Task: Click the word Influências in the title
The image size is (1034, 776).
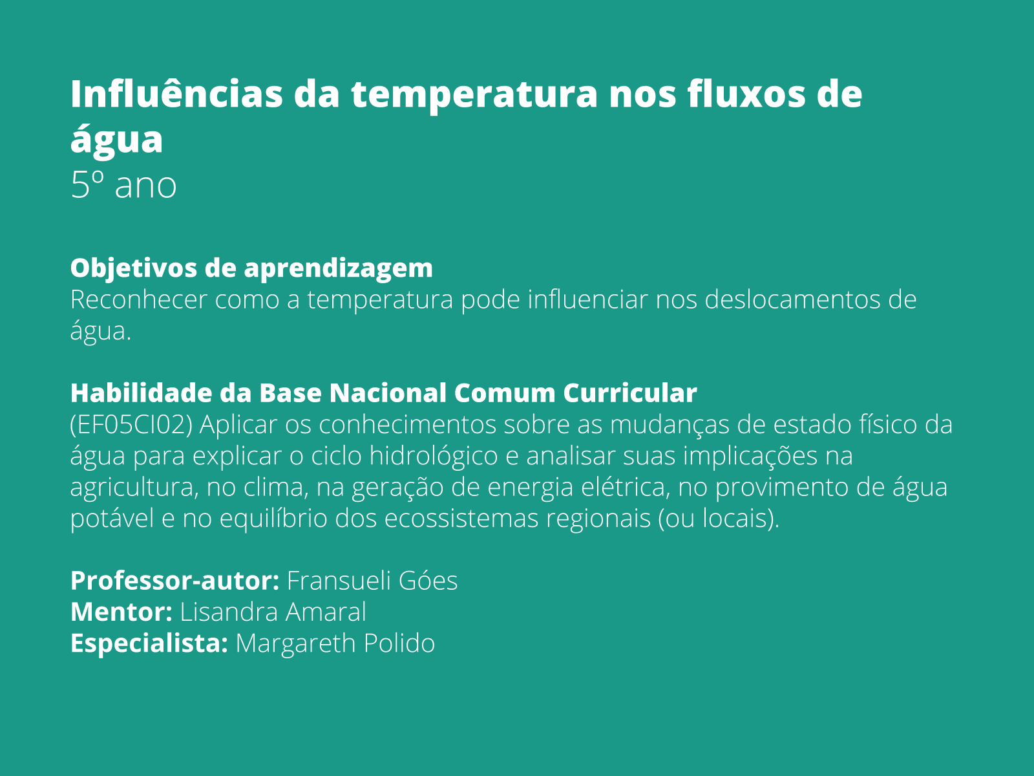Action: (x=176, y=94)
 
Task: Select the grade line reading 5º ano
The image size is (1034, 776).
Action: (x=123, y=186)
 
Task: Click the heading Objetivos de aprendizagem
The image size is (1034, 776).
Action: (x=251, y=268)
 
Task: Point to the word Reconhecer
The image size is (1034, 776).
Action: (x=138, y=300)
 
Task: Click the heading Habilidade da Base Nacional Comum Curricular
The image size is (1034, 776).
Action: (x=383, y=393)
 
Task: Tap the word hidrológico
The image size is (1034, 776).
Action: (x=434, y=457)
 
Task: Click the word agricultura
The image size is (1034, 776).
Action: (x=132, y=488)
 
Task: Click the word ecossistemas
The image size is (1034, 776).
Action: (x=461, y=519)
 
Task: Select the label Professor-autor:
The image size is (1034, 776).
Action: (x=174, y=581)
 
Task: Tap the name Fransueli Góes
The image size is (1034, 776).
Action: (x=372, y=581)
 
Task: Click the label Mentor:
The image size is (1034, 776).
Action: (x=121, y=612)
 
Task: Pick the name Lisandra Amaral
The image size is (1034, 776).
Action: (x=273, y=612)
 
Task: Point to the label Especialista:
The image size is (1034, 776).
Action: (x=149, y=643)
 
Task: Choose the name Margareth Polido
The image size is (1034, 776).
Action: (x=335, y=643)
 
